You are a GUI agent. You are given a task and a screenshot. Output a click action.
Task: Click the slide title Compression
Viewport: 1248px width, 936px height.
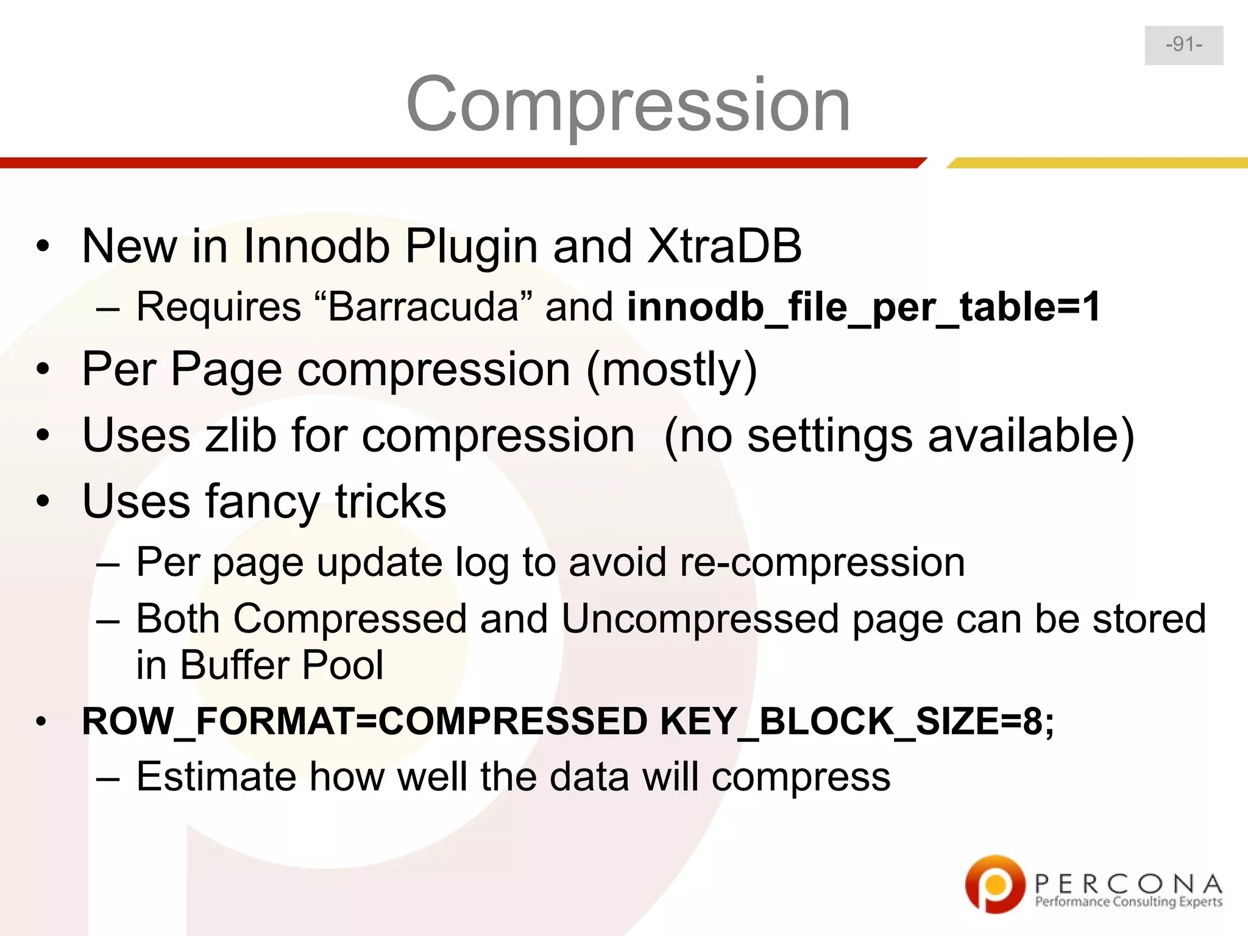point(628,104)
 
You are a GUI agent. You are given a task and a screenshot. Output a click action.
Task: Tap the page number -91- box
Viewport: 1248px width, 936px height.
point(1183,45)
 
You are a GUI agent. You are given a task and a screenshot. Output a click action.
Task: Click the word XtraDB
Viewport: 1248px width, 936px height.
point(724,246)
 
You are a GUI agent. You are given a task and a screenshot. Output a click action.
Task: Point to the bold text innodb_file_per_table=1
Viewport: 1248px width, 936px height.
point(863,307)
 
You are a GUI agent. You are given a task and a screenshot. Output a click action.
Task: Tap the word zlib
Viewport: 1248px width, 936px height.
point(241,436)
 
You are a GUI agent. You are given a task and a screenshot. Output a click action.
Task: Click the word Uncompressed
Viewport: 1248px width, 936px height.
point(700,619)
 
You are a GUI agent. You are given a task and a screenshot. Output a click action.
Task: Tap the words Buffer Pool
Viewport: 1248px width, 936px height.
point(282,665)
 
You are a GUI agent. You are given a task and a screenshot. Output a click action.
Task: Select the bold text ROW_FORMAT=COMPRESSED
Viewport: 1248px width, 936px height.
point(364,721)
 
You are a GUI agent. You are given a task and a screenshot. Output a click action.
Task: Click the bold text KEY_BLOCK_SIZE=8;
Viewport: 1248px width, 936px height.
point(857,721)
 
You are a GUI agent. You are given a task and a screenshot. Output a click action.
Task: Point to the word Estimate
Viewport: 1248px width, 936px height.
point(215,777)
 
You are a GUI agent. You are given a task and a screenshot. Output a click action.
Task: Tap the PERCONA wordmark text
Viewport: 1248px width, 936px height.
point(1128,883)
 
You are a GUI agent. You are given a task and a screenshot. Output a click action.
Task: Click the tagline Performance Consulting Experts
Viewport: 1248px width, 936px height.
point(1128,902)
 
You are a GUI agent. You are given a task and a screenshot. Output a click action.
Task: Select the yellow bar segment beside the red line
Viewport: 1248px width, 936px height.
point(1097,163)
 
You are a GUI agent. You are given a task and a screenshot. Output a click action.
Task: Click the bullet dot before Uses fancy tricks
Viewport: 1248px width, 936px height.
point(42,502)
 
